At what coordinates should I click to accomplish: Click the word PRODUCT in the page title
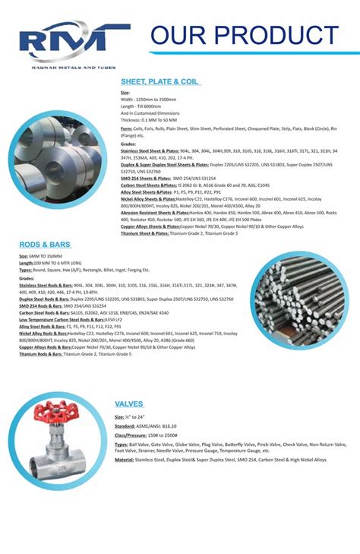click(277, 35)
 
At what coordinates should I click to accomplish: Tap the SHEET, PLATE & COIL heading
click(159, 81)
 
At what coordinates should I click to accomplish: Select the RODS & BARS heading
click(45, 245)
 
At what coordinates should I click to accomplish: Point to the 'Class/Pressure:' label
click(132, 435)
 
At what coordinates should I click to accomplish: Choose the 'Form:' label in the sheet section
click(127, 128)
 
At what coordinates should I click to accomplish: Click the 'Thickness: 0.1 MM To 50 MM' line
click(149, 120)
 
